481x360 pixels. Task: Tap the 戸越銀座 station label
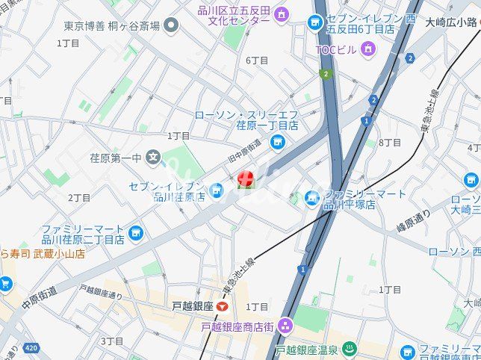point(193,306)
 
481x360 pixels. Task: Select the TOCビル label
point(337,49)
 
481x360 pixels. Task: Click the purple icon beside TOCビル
point(367,49)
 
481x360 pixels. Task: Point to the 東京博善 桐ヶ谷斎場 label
point(111,25)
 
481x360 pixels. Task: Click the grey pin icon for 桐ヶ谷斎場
point(172,26)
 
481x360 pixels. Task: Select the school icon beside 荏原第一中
point(154,157)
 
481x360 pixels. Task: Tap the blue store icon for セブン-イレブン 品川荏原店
point(217,192)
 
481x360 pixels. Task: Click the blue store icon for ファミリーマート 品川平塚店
point(312,198)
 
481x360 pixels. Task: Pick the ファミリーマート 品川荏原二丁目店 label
point(83,234)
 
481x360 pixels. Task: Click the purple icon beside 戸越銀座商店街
point(285,326)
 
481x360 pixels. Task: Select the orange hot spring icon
point(351,349)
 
